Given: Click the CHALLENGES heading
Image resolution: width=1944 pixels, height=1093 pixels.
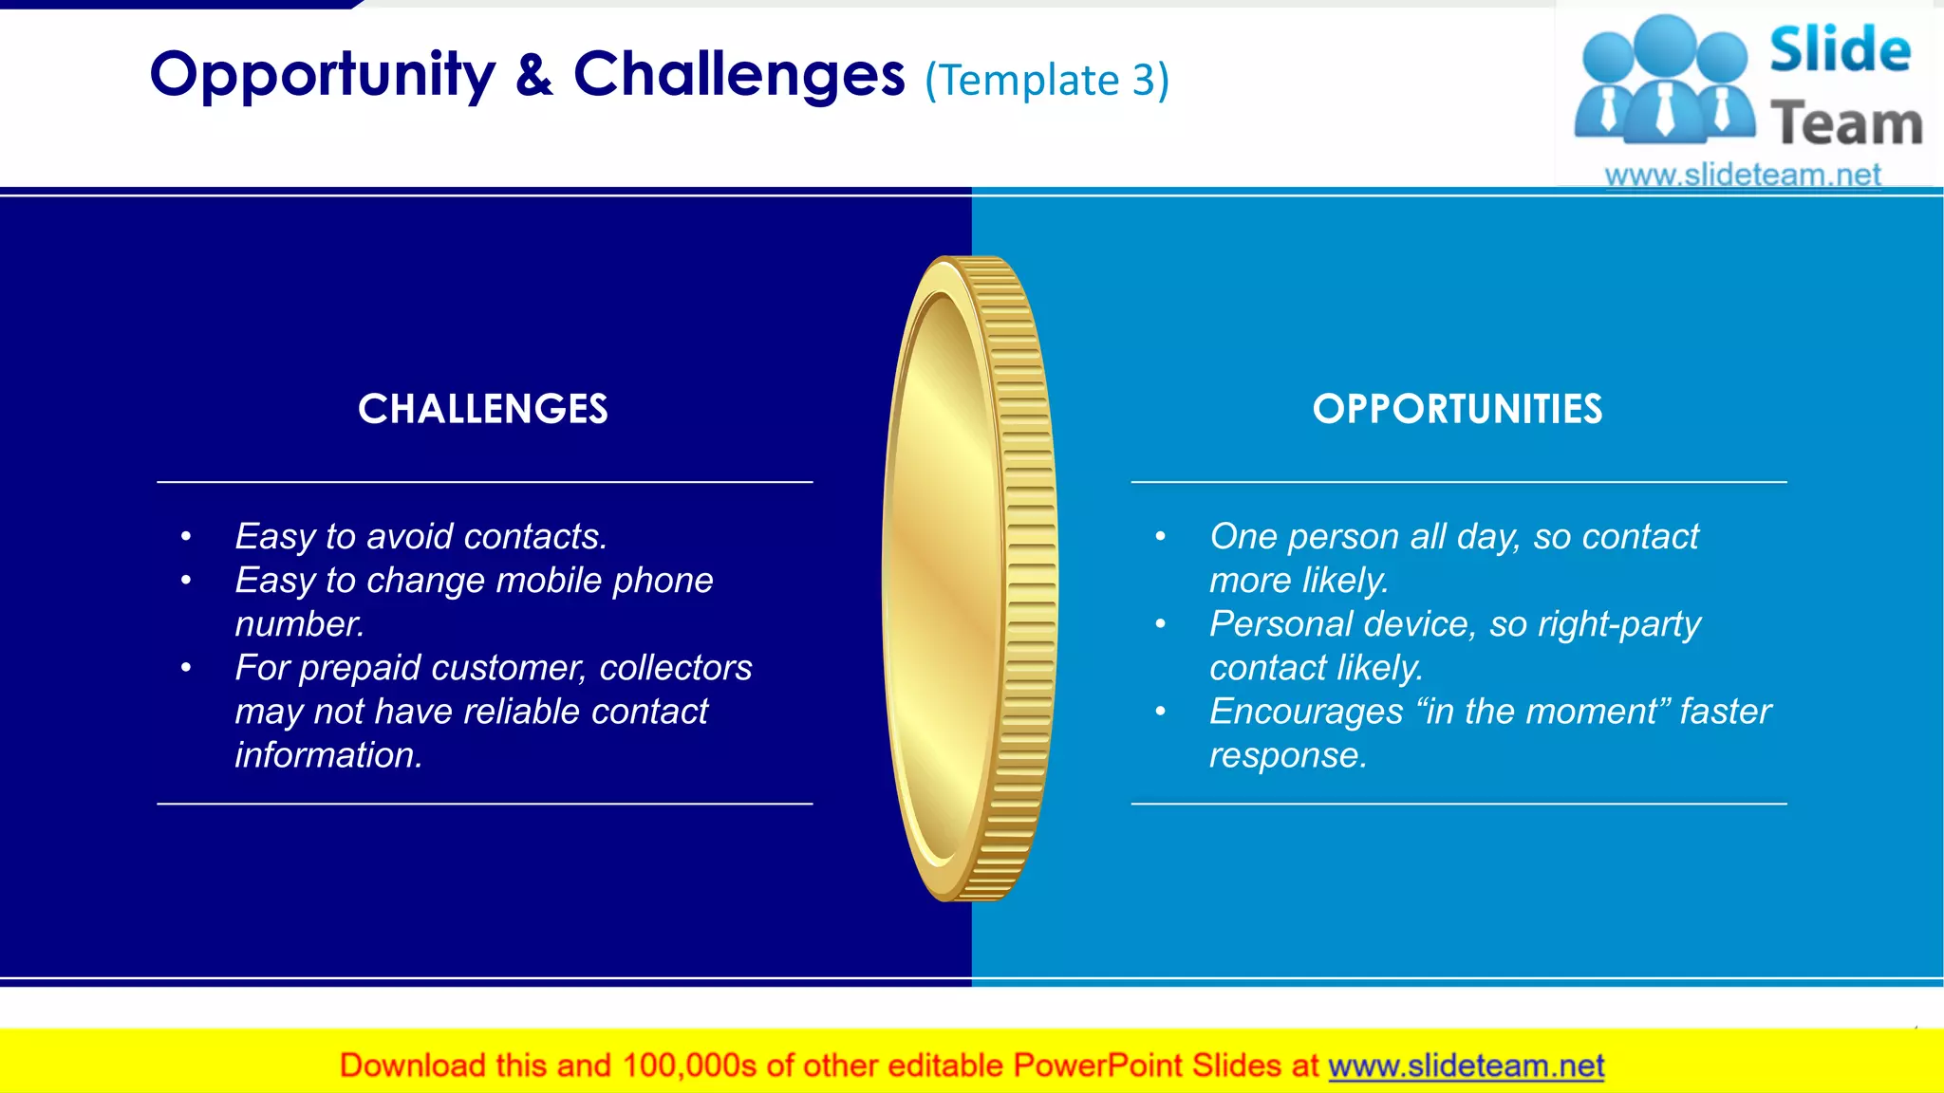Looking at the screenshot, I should click(482, 409).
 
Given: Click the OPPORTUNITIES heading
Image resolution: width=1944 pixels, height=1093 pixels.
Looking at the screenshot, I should click(1457, 409).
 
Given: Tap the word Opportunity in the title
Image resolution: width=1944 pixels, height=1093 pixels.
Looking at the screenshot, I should click(322, 76).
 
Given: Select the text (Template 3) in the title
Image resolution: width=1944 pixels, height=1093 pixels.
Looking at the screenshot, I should click(1046, 80).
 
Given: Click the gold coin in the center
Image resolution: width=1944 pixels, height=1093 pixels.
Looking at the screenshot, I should click(969, 579).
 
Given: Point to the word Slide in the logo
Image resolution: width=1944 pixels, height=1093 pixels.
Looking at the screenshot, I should click(1839, 49).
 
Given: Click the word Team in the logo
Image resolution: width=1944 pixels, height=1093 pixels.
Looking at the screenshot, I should click(1846, 124).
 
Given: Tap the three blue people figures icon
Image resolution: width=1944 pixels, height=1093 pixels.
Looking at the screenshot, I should click(1664, 81).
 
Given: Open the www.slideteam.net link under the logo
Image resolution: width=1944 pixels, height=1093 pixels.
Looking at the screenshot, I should click(1742, 175).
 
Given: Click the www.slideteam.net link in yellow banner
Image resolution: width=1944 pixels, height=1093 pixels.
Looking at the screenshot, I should click(1466, 1065).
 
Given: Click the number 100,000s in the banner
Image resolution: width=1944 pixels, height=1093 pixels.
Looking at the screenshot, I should click(689, 1065).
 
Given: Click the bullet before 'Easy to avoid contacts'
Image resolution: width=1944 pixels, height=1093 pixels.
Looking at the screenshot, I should click(186, 537).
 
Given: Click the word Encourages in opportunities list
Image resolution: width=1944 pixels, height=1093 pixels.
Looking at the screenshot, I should click(1305, 712).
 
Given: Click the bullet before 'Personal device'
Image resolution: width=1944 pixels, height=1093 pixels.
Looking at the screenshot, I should click(1160, 624).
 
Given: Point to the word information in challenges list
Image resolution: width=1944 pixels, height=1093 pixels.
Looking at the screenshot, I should click(327, 755).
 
